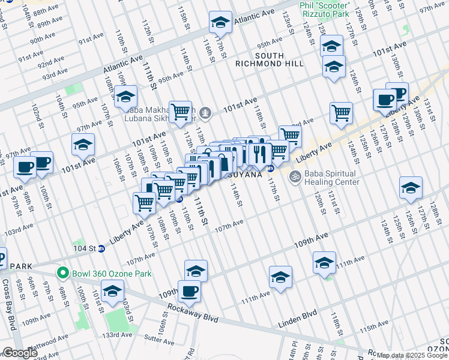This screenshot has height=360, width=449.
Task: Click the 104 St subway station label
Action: coord(84,248)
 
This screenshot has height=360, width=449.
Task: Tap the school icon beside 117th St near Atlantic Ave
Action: coord(220,23)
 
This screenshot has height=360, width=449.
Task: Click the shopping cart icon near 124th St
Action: coord(341,112)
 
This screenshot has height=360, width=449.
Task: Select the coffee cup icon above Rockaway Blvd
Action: coord(189,291)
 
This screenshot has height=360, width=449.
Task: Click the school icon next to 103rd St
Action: coord(112,292)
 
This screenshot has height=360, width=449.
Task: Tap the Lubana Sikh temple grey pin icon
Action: coord(206,112)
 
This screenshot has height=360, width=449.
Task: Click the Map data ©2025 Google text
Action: coord(412,355)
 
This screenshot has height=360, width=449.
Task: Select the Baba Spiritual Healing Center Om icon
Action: coord(294,176)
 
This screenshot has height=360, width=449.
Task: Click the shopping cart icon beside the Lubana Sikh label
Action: coord(180,111)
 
